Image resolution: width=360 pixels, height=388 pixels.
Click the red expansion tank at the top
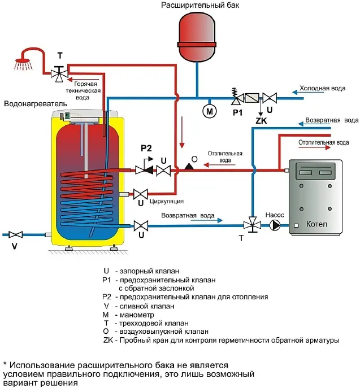(197, 36)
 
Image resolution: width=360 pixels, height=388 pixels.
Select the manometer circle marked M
(210, 111)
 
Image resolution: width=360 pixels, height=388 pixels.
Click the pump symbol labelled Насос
(275, 225)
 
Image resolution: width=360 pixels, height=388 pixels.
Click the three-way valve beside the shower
(59, 72)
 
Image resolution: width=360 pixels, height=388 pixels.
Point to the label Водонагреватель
(34, 104)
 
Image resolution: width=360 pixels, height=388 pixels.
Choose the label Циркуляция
(167, 200)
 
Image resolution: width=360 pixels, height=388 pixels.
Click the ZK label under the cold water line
(261, 120)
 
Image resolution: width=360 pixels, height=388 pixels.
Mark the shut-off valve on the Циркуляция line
(140, 193)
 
